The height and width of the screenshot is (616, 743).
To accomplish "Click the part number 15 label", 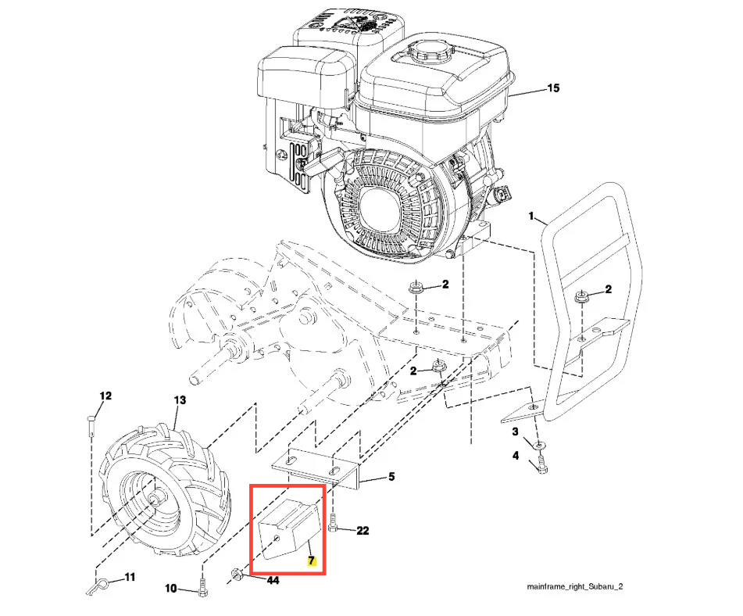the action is pyautogui.click(x=553, y=88).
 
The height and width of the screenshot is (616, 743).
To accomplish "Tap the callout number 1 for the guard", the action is pyautogui.click(x=531, y=217).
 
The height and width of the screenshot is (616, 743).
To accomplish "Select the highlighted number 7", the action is pyautogui.click(x=311, y=560).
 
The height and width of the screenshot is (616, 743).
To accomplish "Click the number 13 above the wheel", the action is pyautogui.click(x=180, y=400).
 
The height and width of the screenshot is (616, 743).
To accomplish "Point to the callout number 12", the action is pyautogui.click(x=105, y=396).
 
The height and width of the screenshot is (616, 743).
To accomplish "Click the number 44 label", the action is pyautogui.click(x=273, y=581).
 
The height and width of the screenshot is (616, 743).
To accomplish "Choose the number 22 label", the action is pyautogui.click(x=363, y=531).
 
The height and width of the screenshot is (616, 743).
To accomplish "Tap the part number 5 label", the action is pyautogui.click(x=391, y=477).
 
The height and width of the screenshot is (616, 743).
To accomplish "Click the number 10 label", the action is pyautogui.click(x=171, y=589).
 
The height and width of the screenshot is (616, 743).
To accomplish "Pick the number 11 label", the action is pyautogui.click(x=130, y=577).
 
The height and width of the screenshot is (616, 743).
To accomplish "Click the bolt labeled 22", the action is pyautogui.click(x=332, y=523).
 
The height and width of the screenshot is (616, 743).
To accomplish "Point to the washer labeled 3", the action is pyautogui.click(x=539, y=445).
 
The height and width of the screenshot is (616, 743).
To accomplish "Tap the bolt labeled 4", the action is pyautogui.click(x=541, y=464).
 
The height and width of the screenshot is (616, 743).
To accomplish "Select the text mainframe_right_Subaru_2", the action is pyautogui.click(x=575, y=586).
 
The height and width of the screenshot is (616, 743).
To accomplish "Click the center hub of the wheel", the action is pyautogui.click(x=155, y=499).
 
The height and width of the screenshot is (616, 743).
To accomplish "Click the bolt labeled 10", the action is pyautogui.click(x=203, y=588).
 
